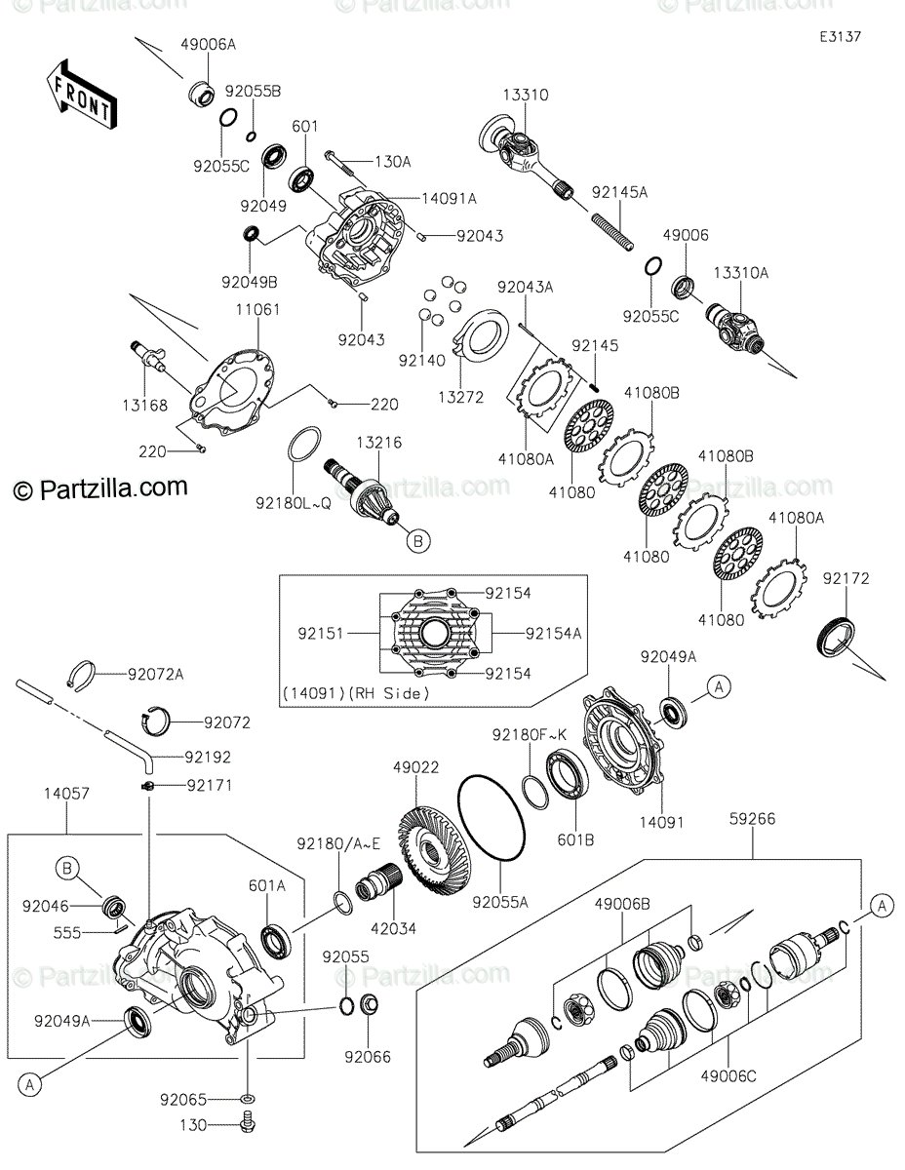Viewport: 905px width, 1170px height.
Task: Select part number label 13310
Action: [526, 96]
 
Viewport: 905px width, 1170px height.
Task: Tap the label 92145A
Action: [619, 193]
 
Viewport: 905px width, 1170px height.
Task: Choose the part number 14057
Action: [65, 795]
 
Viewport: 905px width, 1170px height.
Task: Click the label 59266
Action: [751, 819]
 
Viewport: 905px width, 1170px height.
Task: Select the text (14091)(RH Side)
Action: [356, 693]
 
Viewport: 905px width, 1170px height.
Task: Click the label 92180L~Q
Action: [294, 503]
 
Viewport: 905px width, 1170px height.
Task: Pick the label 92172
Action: [845, 578]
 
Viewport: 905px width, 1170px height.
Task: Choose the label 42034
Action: [393, 928]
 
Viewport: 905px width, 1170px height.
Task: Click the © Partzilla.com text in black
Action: [99, 487]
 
